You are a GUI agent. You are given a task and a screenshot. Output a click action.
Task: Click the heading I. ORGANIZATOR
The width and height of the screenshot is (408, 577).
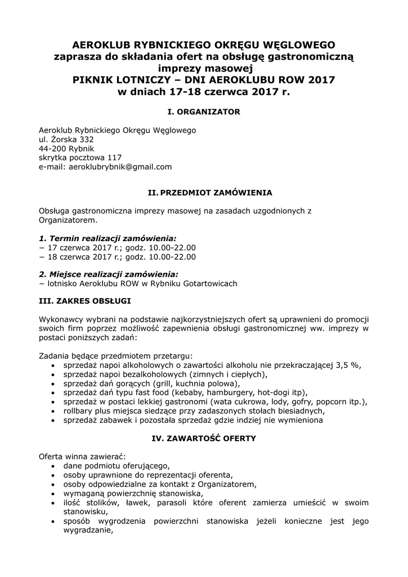click(204, 112)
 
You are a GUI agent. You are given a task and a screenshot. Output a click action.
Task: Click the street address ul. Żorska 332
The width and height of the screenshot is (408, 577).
click(66, 139)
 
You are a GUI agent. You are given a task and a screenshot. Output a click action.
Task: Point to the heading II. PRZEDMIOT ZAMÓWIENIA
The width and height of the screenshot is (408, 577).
click(209, 193)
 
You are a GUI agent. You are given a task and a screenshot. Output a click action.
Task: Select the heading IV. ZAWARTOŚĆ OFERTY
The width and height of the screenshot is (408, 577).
click(204, 437)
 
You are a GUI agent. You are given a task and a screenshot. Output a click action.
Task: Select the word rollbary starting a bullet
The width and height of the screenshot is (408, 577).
click(81, 411)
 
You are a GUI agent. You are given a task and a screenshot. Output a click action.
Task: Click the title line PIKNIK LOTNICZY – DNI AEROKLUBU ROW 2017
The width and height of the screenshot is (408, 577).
click(204, 79)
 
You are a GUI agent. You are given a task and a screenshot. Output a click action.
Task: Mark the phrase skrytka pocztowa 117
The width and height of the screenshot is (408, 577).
click(80, 158)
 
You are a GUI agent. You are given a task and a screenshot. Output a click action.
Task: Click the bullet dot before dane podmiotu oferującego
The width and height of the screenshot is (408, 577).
click(53, 466)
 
